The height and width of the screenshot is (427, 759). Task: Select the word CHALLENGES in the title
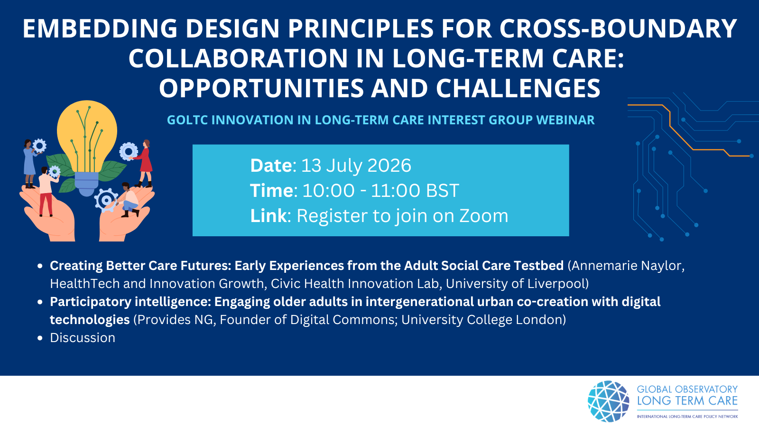click(x=518, y=88)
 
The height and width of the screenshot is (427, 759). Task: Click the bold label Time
click(x=271, y=190)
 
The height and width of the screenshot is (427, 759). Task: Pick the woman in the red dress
click(x=144, y=163)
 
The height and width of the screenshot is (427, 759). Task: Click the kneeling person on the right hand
click(x=129, y=200)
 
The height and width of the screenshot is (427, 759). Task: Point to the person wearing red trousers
click(x=47, y=192)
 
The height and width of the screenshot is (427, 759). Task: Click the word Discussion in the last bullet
click(x=83, y=338)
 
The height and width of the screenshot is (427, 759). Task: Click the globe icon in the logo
click(x=608, y=401)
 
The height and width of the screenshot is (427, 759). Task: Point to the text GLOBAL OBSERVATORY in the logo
click(x=687, y=389)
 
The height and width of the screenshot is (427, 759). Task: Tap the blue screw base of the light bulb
click(x=87, y=184)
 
